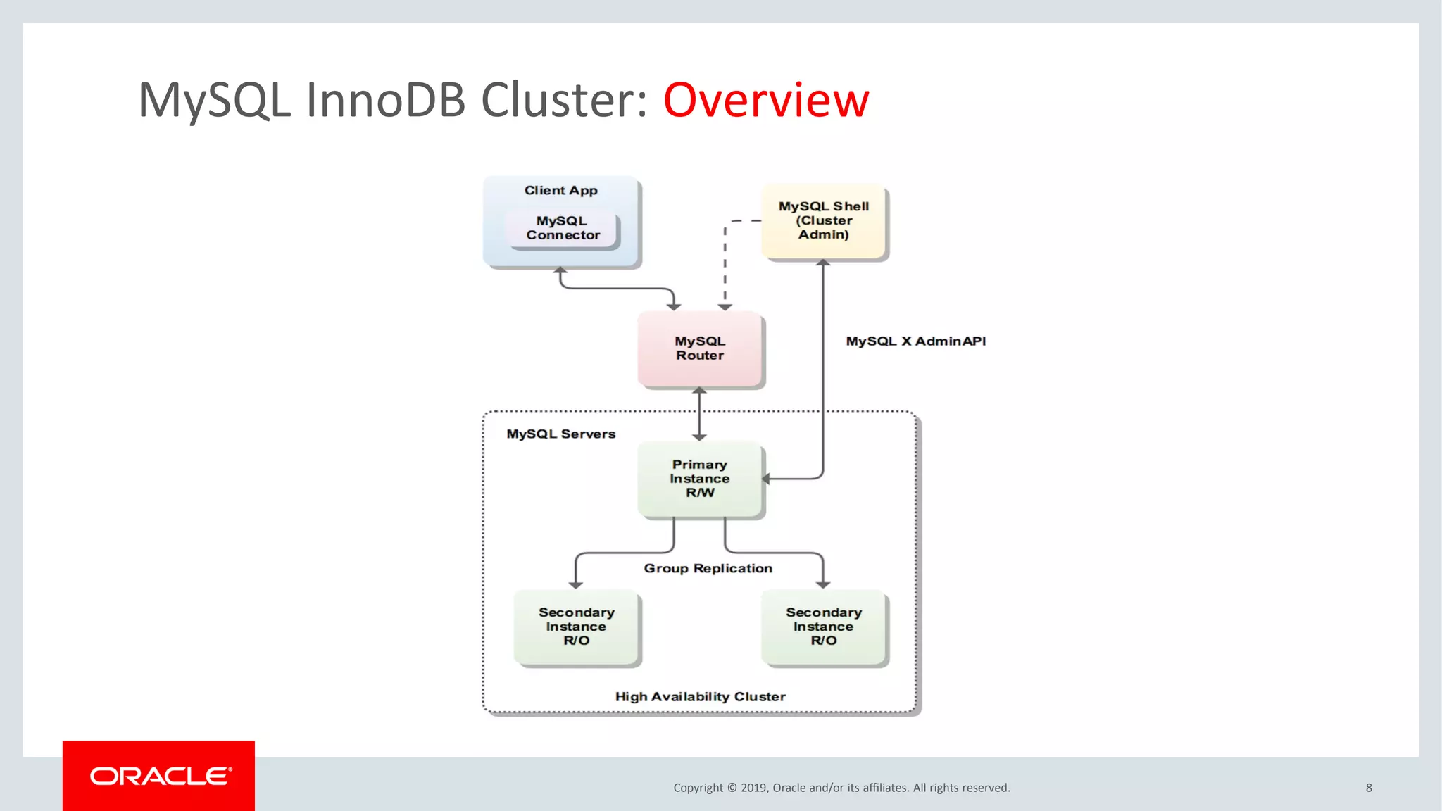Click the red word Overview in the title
766,100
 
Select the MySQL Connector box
563,228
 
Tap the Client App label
560,190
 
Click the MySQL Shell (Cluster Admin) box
824,221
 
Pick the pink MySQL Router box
700,348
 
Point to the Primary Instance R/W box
700,479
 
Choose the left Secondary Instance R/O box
576,627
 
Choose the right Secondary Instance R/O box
824,627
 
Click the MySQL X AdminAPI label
915,341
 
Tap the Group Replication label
708,568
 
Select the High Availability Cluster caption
700,696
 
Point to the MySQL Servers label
560,434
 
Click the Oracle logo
159,776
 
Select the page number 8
1369,788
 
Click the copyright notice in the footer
841,788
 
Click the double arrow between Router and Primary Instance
699,414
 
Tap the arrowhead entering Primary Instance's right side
767,479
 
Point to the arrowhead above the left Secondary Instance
576,584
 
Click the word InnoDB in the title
386,100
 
